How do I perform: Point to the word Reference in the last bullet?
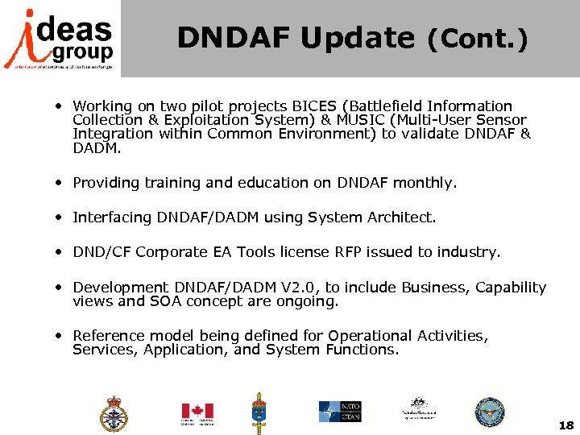pyautogui.click(x=107, y=335)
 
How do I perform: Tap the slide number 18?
pyautogui.click(x=565, y=425)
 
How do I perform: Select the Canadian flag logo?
pyautogui.click(x=197, y=412)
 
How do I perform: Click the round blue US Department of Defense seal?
pyautogui.click(x=489, y=412)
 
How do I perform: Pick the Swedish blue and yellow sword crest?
pyautogui.click(x=259, y=412)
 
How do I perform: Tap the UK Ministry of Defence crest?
pyautogui.click(x=114, y=413)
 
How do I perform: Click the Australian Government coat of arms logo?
pyautogui.click(x=417, y=410)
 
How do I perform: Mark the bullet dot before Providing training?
pyautogui.click(x=60, y=183)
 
